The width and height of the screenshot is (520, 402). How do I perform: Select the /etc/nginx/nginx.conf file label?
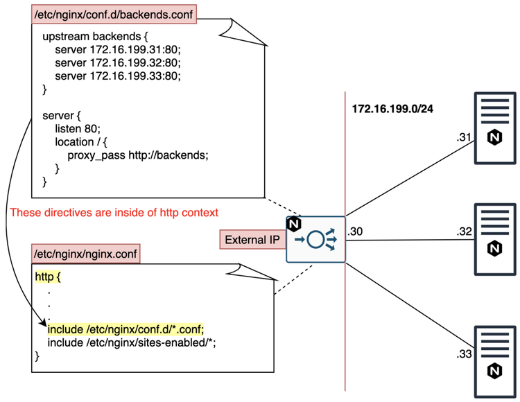(86, 254)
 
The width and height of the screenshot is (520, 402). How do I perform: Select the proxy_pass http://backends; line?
(137, 155)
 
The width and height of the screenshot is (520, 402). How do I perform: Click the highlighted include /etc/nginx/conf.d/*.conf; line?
(126, 329)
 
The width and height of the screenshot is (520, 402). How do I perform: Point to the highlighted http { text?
(49, 277)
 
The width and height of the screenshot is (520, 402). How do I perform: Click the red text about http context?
(114, 212)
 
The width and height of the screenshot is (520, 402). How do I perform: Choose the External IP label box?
(250, 241)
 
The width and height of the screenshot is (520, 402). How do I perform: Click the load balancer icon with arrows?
(315, 239)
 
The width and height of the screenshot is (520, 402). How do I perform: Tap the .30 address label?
(356, 231)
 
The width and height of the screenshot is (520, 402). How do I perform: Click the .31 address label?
(464, 138)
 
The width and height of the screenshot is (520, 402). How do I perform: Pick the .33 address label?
(464, 355)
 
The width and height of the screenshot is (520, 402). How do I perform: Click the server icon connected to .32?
(495, 231)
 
